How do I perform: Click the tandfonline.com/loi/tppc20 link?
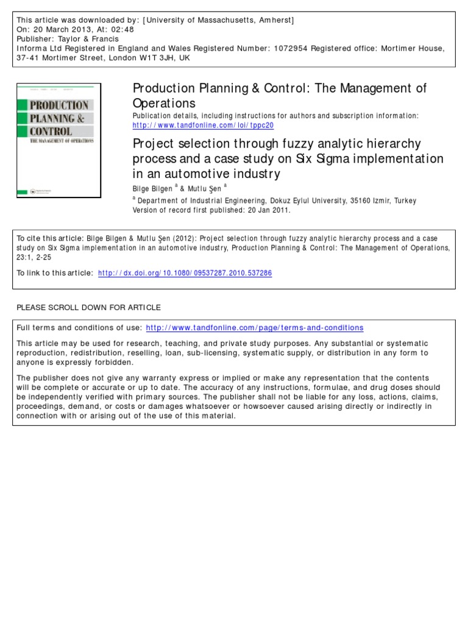tap(204, 125)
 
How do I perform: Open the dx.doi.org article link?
tap(185, 274)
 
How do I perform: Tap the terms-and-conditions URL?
tap(255, 327)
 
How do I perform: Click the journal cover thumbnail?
tap(58, 140)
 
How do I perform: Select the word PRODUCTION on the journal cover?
tap(59, 105)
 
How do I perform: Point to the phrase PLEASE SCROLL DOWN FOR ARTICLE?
tap(88, 307)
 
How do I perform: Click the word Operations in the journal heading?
tap(164, 103)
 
